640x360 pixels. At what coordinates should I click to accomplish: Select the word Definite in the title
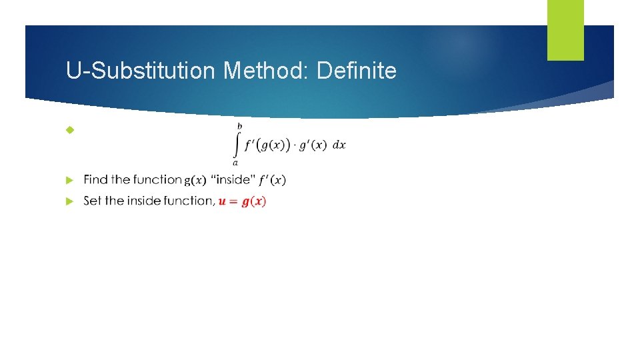(x=357, y=70)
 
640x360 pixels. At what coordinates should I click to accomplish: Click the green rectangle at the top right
(x=565, y=30)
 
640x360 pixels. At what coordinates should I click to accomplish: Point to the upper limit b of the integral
(x=239, y=125)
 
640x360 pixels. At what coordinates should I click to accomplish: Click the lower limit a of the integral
(x=235, y=162)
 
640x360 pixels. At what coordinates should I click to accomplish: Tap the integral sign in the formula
(x=236, y=143)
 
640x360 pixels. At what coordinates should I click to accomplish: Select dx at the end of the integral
(x=339, y=145)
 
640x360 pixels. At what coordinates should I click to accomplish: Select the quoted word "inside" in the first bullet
(x=231, y=179)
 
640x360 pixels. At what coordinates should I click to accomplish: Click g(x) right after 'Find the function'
(x=195, y=179)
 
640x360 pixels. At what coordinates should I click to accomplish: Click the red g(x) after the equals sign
(x=254, y=201)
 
